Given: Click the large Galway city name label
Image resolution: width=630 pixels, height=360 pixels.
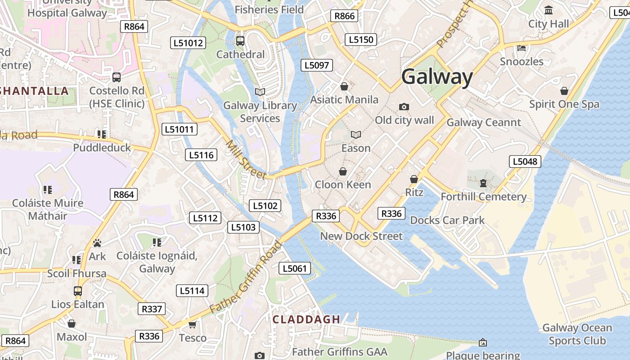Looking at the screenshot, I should click(437, 77).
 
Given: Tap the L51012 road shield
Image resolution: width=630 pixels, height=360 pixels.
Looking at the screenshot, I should click(188, 43).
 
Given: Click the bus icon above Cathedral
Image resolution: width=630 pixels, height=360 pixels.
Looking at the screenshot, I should click(240, 41).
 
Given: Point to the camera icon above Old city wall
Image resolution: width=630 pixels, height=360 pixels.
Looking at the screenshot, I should click(404, 107).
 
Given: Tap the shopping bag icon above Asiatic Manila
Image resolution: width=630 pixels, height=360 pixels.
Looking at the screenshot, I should click(344, 86).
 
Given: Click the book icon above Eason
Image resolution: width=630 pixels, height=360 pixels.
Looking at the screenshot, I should click(356, 135).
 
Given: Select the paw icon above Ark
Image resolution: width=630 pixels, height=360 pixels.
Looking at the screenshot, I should click(97, 243).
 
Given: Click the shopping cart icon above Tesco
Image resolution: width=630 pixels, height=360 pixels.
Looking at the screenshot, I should click(193, 324).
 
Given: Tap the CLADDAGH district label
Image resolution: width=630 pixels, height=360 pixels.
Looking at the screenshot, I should click(306, 319).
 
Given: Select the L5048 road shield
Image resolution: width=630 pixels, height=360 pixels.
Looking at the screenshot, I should click(525, 162).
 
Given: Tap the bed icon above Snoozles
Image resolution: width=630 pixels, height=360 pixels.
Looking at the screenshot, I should click(522, 48).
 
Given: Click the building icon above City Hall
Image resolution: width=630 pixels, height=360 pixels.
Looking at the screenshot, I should click(549, 10).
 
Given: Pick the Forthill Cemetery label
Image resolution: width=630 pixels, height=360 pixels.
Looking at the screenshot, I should click(483, 197).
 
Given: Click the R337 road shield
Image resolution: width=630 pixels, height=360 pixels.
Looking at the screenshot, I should click(152, 309).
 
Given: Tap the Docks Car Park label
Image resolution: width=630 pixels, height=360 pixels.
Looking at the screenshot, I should click(447, 220).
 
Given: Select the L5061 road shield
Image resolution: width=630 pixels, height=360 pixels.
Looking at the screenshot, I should click(295, 269).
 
